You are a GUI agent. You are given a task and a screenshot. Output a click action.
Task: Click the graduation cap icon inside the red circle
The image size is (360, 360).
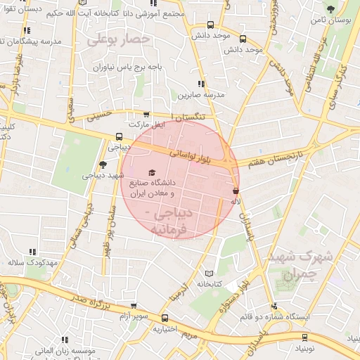152,172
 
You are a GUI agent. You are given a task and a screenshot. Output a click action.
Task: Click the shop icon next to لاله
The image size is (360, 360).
235,191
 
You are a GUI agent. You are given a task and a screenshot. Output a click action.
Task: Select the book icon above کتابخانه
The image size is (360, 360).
207,274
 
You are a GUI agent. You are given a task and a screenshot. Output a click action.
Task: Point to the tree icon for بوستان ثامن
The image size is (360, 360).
330,8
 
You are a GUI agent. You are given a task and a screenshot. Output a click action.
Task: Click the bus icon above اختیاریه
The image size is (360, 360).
165,318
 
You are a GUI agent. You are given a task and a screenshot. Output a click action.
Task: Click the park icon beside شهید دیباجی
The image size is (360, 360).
103,165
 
